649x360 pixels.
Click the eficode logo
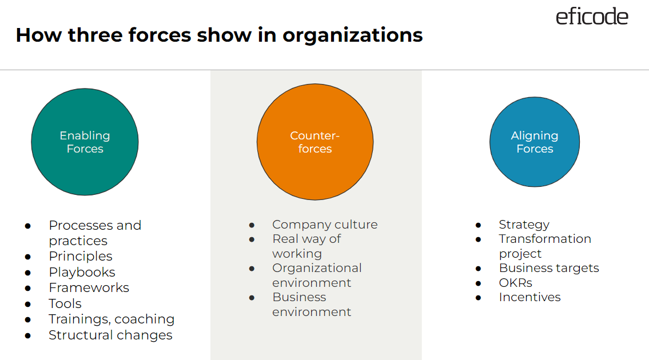[x=592, y=17]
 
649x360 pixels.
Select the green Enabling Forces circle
[x=85, y=142]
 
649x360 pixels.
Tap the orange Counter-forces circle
[x=314, y=142]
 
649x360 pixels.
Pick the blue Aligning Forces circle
[x=535, y=142]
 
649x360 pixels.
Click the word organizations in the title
[x=353, y=35]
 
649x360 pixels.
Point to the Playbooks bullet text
[x=82, y=272]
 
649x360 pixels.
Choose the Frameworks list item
[x=89, y=287]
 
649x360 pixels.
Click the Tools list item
[x=65, y=303]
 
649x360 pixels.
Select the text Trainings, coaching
[x=112, y=319]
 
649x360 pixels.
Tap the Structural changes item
[x=110, y=335]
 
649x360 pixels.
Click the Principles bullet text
[x=81, y=256]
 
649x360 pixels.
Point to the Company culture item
[x=325, y=225]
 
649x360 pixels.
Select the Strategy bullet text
[x=524, y=225]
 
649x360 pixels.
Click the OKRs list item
[x=515, y=282]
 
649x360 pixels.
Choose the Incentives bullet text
[x=529, y=297]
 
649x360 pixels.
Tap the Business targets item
[x=549, y=268]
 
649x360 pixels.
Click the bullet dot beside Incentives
[x=479, y=298]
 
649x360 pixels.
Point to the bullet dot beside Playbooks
[x=27, y=273]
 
